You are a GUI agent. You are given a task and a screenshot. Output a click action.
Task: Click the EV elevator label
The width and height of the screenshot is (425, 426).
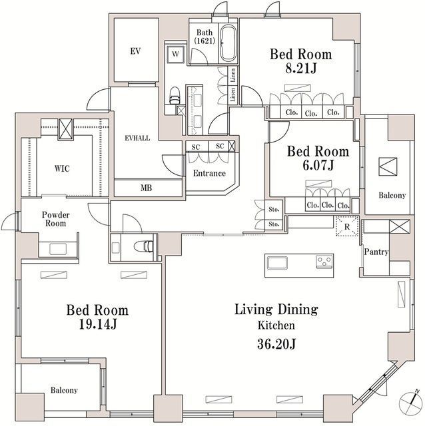click(135, 51)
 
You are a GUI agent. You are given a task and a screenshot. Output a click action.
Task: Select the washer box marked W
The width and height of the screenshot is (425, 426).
click(175, 53)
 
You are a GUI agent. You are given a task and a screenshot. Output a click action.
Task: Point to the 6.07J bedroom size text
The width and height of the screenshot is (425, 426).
click(310, 165)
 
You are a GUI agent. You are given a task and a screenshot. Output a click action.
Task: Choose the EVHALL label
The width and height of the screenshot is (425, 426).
click(137, 138)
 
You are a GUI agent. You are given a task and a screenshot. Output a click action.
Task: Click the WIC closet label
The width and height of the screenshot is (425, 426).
click(62, 168)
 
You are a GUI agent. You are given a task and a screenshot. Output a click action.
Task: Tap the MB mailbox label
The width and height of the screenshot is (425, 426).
click(146, 188)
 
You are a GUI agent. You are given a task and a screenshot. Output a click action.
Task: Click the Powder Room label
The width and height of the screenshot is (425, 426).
click(56, 220)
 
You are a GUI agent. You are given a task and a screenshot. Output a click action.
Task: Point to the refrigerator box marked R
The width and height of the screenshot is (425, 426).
click(346, 226)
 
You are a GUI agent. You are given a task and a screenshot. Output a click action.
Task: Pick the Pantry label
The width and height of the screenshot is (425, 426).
click(376, 252)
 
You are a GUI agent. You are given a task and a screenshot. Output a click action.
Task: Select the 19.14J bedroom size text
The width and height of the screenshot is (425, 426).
click(97, 325)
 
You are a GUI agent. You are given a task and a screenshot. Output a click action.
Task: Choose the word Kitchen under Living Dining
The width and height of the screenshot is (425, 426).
click(276, 326)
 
